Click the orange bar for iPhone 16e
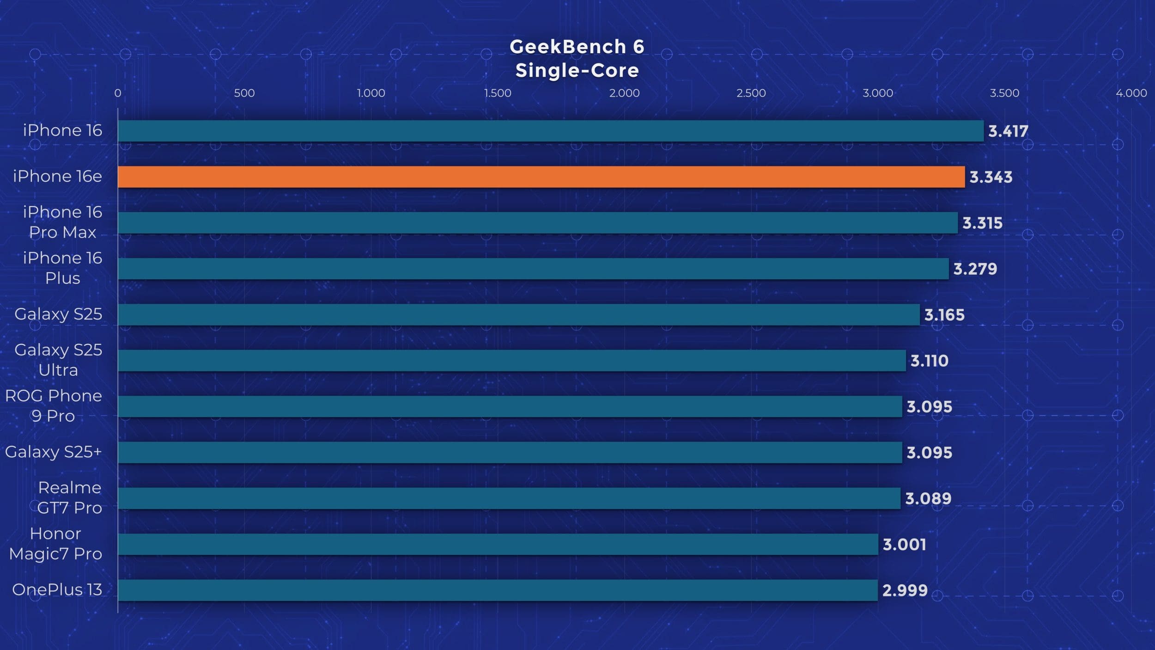click(x=541, y=177)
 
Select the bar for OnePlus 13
click(x=498, y=590)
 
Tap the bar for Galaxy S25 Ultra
click(x=511, y=361)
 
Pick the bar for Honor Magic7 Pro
click(x=498, y=544)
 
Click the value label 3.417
click(x=1008, y=131)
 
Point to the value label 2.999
click(x=905, y=590)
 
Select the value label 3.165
click(x=944, y=315)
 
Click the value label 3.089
click(x=928, y=498)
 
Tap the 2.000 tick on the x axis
click(x=624, y=93)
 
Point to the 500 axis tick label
click(x=244, y=93)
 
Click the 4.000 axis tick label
click(x=1131, y=93)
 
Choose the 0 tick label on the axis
click(x=118, y=93)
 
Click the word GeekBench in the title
click(x=568, y=47)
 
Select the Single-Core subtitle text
click(x=577, y=71)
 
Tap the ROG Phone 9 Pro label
click(x=54, y=405)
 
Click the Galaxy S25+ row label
click(x=53, y=452)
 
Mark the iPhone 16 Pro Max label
click(x=62, y=222)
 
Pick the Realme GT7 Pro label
click(x=69, y=497)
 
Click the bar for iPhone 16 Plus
click(x=533, y=269)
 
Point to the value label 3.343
click(x=991, y=177)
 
